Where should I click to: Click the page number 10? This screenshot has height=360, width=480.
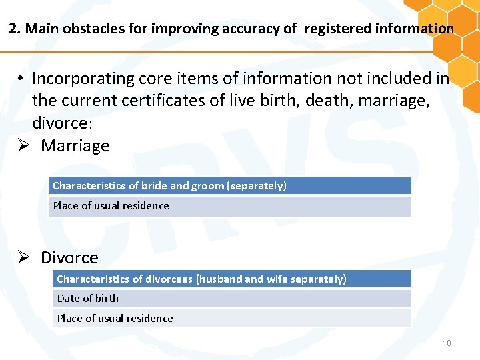[x=447, y=343]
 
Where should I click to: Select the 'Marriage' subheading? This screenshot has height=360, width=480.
[x=75, y=146]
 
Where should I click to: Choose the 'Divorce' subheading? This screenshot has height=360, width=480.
[x=69, y=258]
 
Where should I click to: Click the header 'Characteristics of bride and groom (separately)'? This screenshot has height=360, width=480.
[x=169, y=185]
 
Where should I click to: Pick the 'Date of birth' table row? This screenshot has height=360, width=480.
[x=88, y=298]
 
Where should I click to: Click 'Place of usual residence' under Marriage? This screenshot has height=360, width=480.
[x=111, y=205]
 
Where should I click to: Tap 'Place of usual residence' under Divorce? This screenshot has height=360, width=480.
[x=115, y=318]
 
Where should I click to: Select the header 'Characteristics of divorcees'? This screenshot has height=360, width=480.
[x=201, y=279]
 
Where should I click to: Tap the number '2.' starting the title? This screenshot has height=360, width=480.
[x=15, y=29]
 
